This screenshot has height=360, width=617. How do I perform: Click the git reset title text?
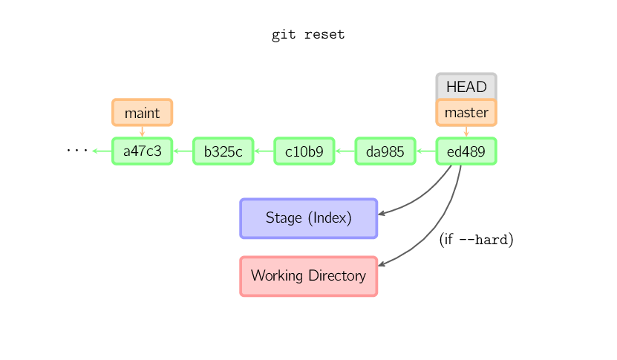pyautogui.click(x=308, y=35)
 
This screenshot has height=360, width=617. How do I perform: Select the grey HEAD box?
pyautogui.click(x=466, y=86)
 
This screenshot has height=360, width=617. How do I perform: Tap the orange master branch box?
pyautogui.click(x=466, y=113)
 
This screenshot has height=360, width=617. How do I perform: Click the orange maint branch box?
pyautogui.click(x=142, y=113)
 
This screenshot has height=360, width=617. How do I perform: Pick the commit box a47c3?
pyautogui.click(x=142, y=151)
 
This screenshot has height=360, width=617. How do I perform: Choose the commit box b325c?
pyautogui.click(x=223, y=151)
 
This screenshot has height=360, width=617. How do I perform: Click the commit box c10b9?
pyautogui.click(x=304, y=151)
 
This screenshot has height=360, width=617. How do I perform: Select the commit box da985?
pyautogui.click(x=385, y=151)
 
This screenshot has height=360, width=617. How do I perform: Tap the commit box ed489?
pyautogui.click(x=466, y=151)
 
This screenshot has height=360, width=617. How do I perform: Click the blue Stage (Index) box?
pyautogui.click(x=308, y=218)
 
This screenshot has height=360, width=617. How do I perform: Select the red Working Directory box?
pyautogui.click(x=308, y=276)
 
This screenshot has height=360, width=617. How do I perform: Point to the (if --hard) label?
pyautogui.click(x=476, y=240)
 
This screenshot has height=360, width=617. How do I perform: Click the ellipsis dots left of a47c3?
pyautogui.click(x=76, y=151)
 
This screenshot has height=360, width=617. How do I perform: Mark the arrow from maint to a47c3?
pyautogui.click(x=142, y=131)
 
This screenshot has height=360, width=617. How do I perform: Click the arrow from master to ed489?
pyautogui.click(x=466, y=131)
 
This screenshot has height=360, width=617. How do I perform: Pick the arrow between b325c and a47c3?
pyautogui.click(x=183, y=151)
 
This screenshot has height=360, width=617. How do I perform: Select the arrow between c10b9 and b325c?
pyautogui.click(x=264, y=151)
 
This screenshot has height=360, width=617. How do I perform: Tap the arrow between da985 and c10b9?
pyautogui.click(x=345, y=151)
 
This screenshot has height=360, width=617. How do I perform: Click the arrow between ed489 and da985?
pyautogui.click(x=425, y=151)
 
